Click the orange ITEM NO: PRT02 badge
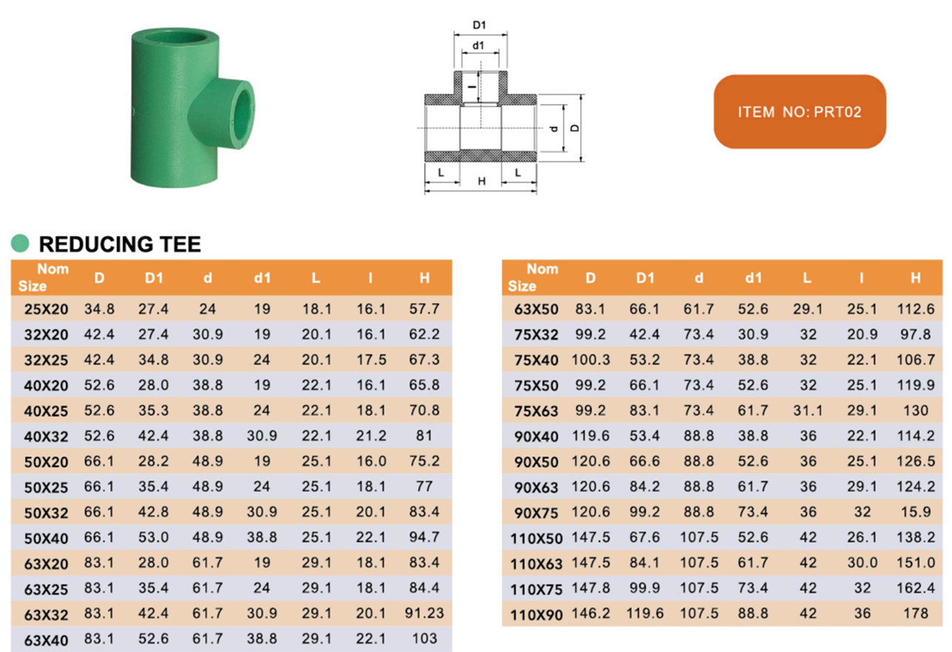pos(800,112)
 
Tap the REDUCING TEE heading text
pos(120,244)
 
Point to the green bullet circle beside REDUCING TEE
pos(21,243)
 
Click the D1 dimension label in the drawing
pos(479,25)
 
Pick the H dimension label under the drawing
pos(481,181)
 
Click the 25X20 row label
pos(45,309)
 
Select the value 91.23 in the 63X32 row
pos(424,613)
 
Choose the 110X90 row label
pos(537,614)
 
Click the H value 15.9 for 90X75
pos(916,512)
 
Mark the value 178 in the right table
pos(916,614)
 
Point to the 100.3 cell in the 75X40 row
pos(590,360)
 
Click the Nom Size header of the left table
pos(42,278)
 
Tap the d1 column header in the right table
pos(753,278)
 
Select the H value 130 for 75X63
pos(916,410)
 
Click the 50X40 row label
pos(45,538)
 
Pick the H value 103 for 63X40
pos(424,639)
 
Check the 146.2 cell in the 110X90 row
pos(590,614)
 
